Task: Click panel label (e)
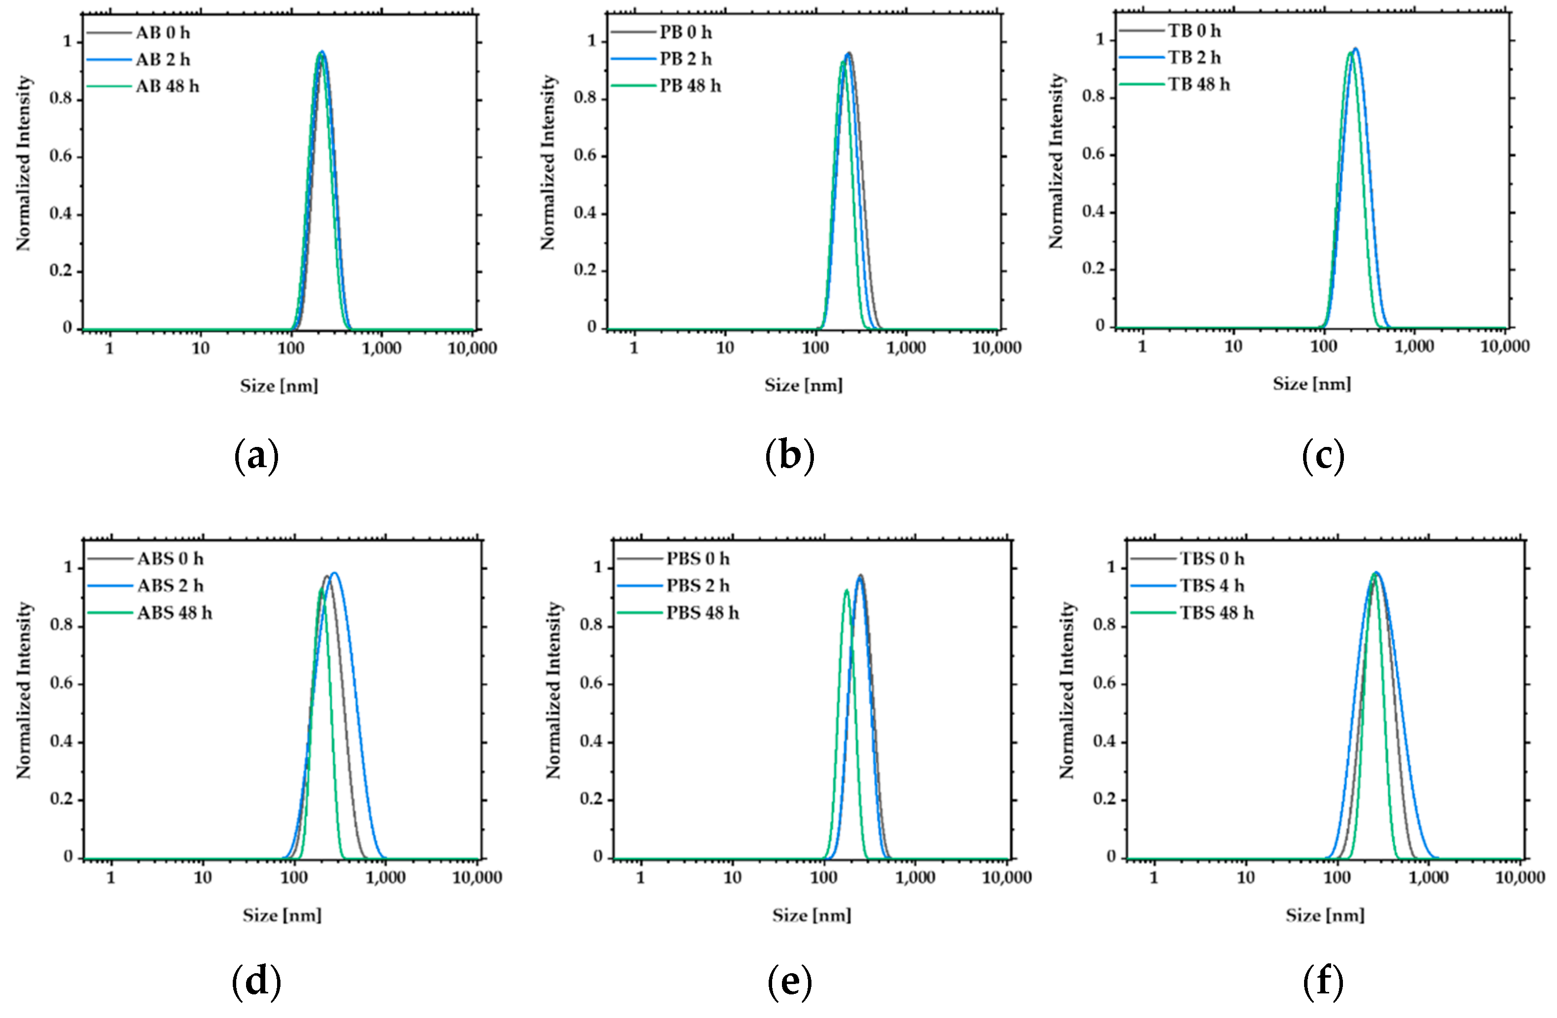790,983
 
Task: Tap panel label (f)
1323,983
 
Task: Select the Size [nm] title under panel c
1311,384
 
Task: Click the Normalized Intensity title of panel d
24,690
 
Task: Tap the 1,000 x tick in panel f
1428,877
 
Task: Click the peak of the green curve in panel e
846,590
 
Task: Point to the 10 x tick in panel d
203,877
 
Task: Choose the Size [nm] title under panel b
804,385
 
